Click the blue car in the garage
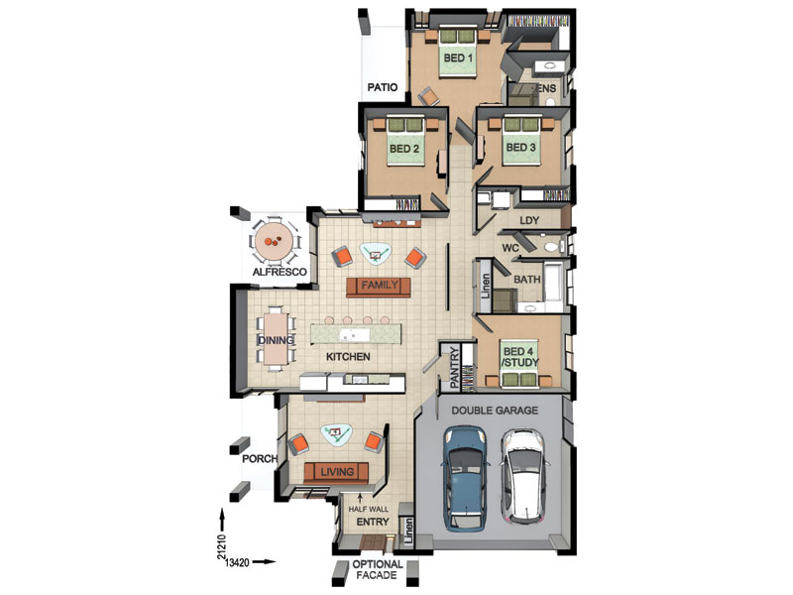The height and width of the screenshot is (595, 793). pyautogui.click(x=464, y=479)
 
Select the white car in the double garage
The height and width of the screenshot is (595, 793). pyautogui.click(x=523, y=476)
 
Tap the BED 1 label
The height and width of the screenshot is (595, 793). pyautogui.click(x=458, y=59)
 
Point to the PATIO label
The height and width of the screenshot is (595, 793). pyautogui.click(x=383, y=87)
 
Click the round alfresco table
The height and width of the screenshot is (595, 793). pyautogui.click(x=275, y=241)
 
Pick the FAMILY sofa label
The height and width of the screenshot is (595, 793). pyautogui.click(x=380, y=286)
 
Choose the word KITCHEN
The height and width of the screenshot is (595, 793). pyautogui.click(x=348, y=357)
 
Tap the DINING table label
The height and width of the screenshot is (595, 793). pyautogui.click(x=276, y=340)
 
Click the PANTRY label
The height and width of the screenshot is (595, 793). pyautogui.click(x=454, y=367)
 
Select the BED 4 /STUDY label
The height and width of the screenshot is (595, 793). pyautogui.click(x=519, y=357)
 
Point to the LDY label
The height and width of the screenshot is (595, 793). pyautogui.click(x=529, y=220)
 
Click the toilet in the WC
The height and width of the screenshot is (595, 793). pyautogui.click(x=552, y=247)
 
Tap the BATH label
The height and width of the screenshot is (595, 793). pyautogui.click(x=527, y=280)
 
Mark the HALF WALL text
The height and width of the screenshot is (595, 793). pyautogui.click(x=369, y=509)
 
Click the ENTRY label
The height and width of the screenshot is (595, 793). pyautogui.click(x=373, y=522)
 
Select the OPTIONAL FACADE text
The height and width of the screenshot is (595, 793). pyautogui.click(x=378, y=569)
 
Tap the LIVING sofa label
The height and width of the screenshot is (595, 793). pyautogui.click(x=337, y=473)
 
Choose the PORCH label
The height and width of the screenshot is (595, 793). pyautogui.click(x=260, y=459)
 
